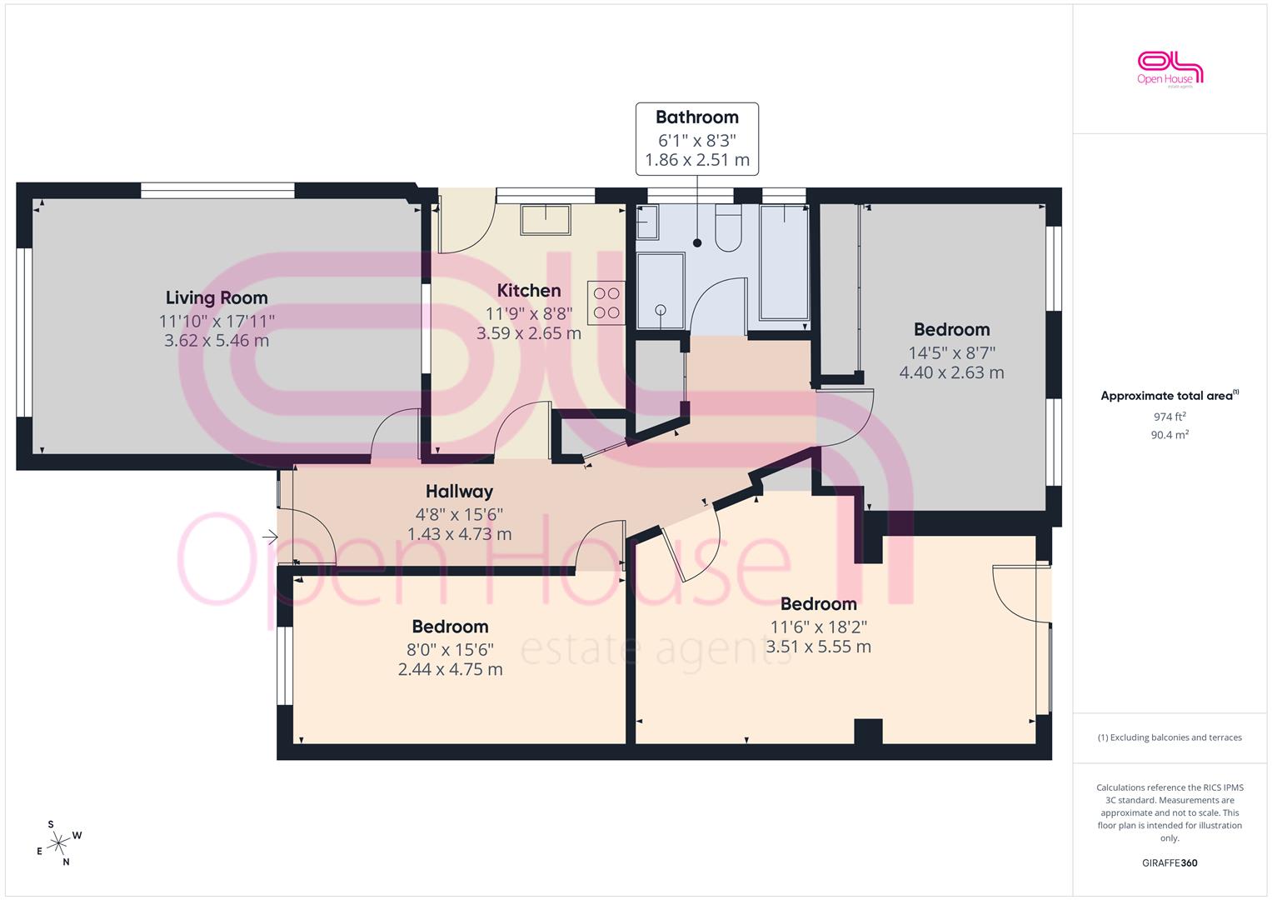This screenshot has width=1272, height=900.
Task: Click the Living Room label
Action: pyautogui.click(x=217, y=297)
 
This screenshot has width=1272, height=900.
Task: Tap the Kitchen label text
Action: pyautogui.click(x=529, y=290)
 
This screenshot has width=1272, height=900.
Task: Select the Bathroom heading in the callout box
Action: pyautogui.click(x=696, y=117)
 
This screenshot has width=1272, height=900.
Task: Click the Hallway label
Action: pyautogui.click(x=459, y=491)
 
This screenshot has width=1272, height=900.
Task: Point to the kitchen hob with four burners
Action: pyautogui.click(x=606, y=302)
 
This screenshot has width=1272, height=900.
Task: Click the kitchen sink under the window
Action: pyautogui.click(x=545, y=220)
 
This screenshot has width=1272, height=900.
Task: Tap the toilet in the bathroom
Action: pyautogui.click(x=728, y=227)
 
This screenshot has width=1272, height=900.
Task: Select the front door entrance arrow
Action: pyautogui.click(x=270, y=537)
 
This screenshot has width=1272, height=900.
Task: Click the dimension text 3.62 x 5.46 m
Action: pyautogui.click(x=217, y=340)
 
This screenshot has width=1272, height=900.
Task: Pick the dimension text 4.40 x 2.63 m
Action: pyautogui.click(x=952, y=372)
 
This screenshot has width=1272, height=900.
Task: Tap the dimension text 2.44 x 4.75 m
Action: pyautogui.click(x=451, y=669)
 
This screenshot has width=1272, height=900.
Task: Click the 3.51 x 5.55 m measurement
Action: pyautogui.click(x=818, y=647)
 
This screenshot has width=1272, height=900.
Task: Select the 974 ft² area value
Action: pyautogui.click(x=1170, y=417)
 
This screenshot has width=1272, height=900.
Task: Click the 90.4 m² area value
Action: pyautogui.click(x=1170, y=435)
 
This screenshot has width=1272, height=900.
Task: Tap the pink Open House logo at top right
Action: pyautogui.click(x=1170, y=69)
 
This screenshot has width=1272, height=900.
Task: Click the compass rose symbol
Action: pyautogui.click(x=59, y=843)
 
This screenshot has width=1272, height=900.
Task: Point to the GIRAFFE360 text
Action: pyautogui.click(x=1170, y=862)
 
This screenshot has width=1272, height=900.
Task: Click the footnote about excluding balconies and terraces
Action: pyautogui.click(x=1170, y=737)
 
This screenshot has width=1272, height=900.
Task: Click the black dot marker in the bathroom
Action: pyautogui.click(x=697, y=243)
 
